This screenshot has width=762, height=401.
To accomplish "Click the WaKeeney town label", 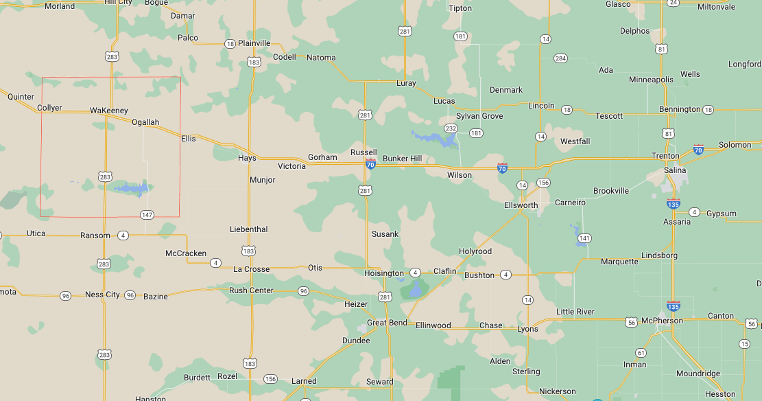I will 108,111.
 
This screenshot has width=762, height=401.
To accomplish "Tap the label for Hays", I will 247,158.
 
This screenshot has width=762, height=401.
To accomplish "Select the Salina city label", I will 675,170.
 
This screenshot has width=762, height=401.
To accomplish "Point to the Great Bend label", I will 387,323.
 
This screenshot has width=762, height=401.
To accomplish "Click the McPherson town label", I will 662,321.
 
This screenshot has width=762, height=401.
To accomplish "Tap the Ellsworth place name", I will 521,205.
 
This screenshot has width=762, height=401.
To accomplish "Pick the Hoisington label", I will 384,273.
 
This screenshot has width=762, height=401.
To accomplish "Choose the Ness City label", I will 102,295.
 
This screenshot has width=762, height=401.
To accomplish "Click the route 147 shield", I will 147,215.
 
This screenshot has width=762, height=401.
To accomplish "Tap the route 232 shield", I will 451,128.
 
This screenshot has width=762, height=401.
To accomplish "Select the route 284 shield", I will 560,58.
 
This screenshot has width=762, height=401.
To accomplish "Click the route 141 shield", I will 584,238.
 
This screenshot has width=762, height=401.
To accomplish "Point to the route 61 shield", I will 641,353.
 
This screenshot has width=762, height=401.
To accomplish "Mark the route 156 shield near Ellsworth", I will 543,183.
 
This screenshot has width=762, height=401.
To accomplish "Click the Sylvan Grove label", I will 479,116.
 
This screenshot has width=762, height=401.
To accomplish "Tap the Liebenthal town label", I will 248,229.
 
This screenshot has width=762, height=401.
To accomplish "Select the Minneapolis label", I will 651,80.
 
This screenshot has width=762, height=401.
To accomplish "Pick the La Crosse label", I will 251,269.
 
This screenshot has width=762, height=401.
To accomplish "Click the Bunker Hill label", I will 402,159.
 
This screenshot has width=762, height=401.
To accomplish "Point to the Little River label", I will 575,312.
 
